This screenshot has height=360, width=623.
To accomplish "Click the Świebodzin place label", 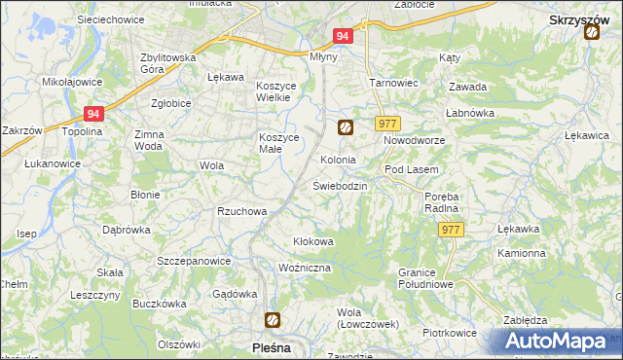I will tap(340, 186).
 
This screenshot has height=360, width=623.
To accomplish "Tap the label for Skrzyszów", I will tap(579, 18).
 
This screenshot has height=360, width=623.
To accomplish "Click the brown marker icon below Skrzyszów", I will tap(592, 33).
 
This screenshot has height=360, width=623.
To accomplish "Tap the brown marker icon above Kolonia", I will tap(345, 126).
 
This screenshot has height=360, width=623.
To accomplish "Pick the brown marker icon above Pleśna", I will tap(274, 319).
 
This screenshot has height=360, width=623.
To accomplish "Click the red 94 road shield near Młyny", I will tap(342, 36).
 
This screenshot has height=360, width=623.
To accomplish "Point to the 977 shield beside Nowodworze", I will tap(388, 124).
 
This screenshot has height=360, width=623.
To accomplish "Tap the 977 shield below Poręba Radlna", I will tap(451, 230).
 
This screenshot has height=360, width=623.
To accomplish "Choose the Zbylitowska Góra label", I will tap(168, 63).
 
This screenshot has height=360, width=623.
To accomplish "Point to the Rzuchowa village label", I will tap(241, 211).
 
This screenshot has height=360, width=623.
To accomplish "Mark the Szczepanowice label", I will tap(194, 262).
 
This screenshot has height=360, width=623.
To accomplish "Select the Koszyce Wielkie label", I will tap(281, 91).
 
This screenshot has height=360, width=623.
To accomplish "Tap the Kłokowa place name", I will tap(313, 241).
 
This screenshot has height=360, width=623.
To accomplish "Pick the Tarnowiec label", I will tap(393, 83).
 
